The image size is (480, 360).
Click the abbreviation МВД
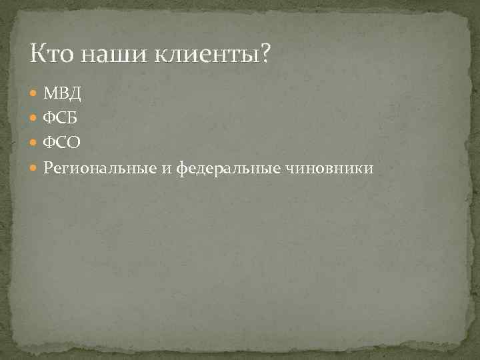[62, 91]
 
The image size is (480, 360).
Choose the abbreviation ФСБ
[61, 117]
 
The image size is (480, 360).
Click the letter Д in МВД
[74, 92]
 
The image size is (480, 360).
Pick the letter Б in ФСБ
[73, 117]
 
